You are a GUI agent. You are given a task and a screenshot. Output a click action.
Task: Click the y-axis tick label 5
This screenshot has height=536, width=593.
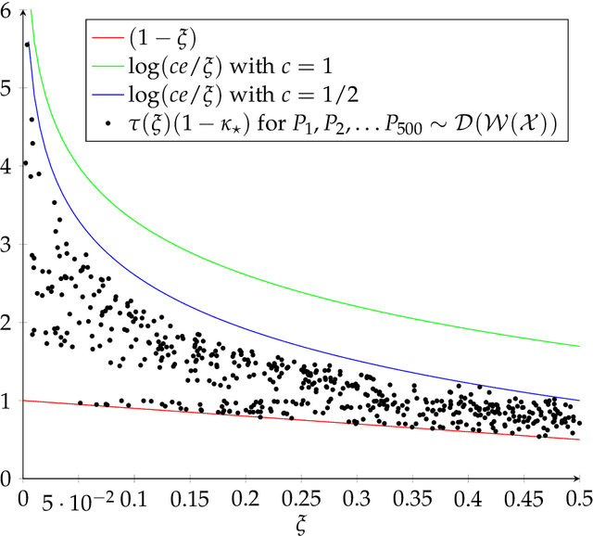(x=8, y=88)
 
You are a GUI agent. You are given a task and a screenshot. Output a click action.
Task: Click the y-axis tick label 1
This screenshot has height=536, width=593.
(x=8, y=401)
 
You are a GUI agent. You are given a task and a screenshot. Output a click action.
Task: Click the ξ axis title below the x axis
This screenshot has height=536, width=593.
(x=300, y=524)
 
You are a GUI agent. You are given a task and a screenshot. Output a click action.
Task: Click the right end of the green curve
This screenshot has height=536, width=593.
(x=578, y=346)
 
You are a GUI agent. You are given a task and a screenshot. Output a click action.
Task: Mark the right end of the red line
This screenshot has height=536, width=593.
(x=578, y=440)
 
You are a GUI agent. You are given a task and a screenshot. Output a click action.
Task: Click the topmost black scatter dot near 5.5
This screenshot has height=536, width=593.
(x=27, y=45)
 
